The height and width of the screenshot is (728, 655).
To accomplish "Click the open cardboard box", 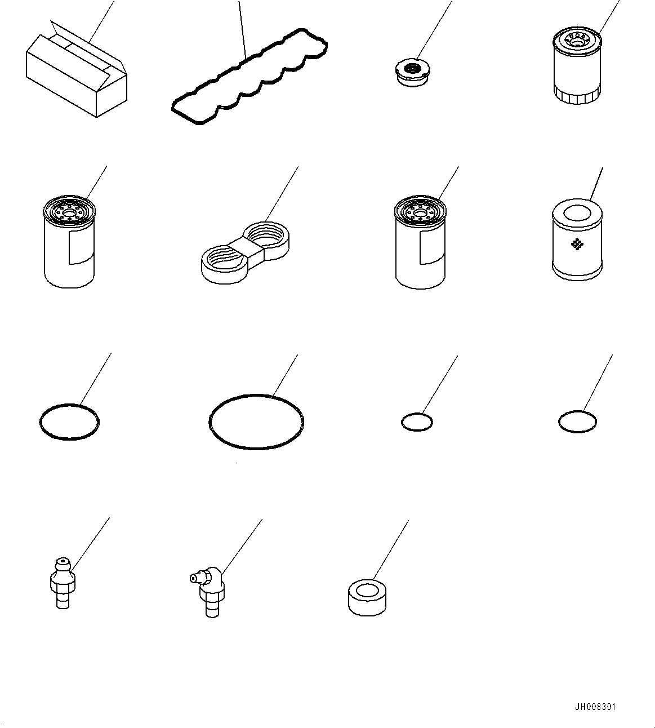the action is tap(76, 69).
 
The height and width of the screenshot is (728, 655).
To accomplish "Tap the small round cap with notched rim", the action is tap(413, 73).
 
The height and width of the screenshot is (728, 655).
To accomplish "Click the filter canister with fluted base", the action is tap(577, 65).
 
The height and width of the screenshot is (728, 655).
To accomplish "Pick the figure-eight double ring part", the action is tap(246, 253).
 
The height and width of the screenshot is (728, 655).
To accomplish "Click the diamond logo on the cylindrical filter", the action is tap(577, 244).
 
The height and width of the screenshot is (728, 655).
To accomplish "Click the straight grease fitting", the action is tap(63, 584).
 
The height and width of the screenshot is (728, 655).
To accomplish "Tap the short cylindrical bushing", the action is tap(367, 597).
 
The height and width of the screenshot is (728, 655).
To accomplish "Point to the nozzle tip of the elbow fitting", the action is tap(192, 578).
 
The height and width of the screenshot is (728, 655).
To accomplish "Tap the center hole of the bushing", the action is tap(367, 591).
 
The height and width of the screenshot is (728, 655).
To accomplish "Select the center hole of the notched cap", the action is tap(411, 68).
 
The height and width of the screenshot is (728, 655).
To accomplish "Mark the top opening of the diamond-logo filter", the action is tap(577, 213).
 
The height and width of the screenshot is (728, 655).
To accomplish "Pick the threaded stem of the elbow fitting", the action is tap(212, 608).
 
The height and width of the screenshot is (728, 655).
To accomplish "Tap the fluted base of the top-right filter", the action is tap(577, 96).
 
